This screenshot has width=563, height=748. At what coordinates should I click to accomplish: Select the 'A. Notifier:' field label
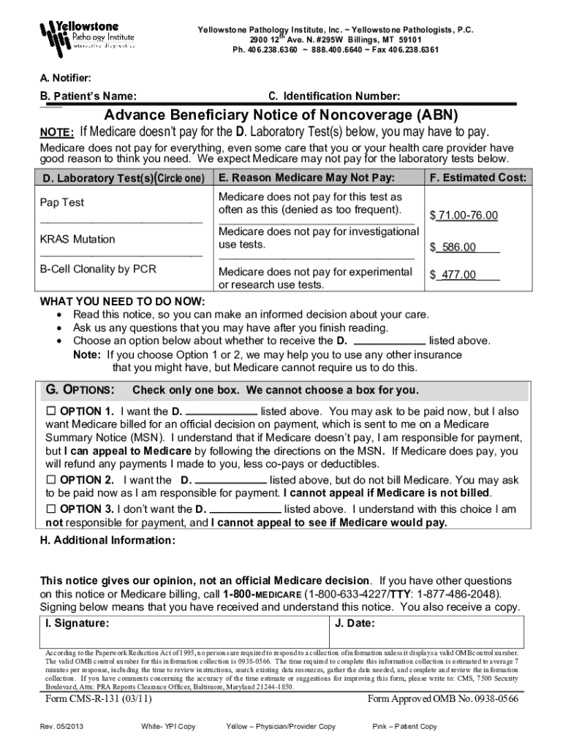click(x=65, y=77)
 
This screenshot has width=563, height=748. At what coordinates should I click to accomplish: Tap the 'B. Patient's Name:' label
click(x=88, y=96)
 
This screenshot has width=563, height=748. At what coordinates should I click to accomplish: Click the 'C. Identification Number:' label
click(x=334, y=96)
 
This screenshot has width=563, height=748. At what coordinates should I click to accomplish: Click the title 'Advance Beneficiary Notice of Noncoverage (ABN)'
click(x=281, y=116)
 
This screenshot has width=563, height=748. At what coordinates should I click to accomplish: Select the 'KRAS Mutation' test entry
click(x=77, y=239)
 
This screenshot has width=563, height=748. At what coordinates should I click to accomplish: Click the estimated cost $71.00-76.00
click(x=464, y=215)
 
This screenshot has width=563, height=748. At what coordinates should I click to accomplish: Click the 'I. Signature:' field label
click(x=78, y=623)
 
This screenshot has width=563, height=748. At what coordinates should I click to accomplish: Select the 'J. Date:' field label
click(x=355, y=623)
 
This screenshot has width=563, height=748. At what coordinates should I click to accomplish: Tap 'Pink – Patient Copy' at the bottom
click(x=404, y=726)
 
